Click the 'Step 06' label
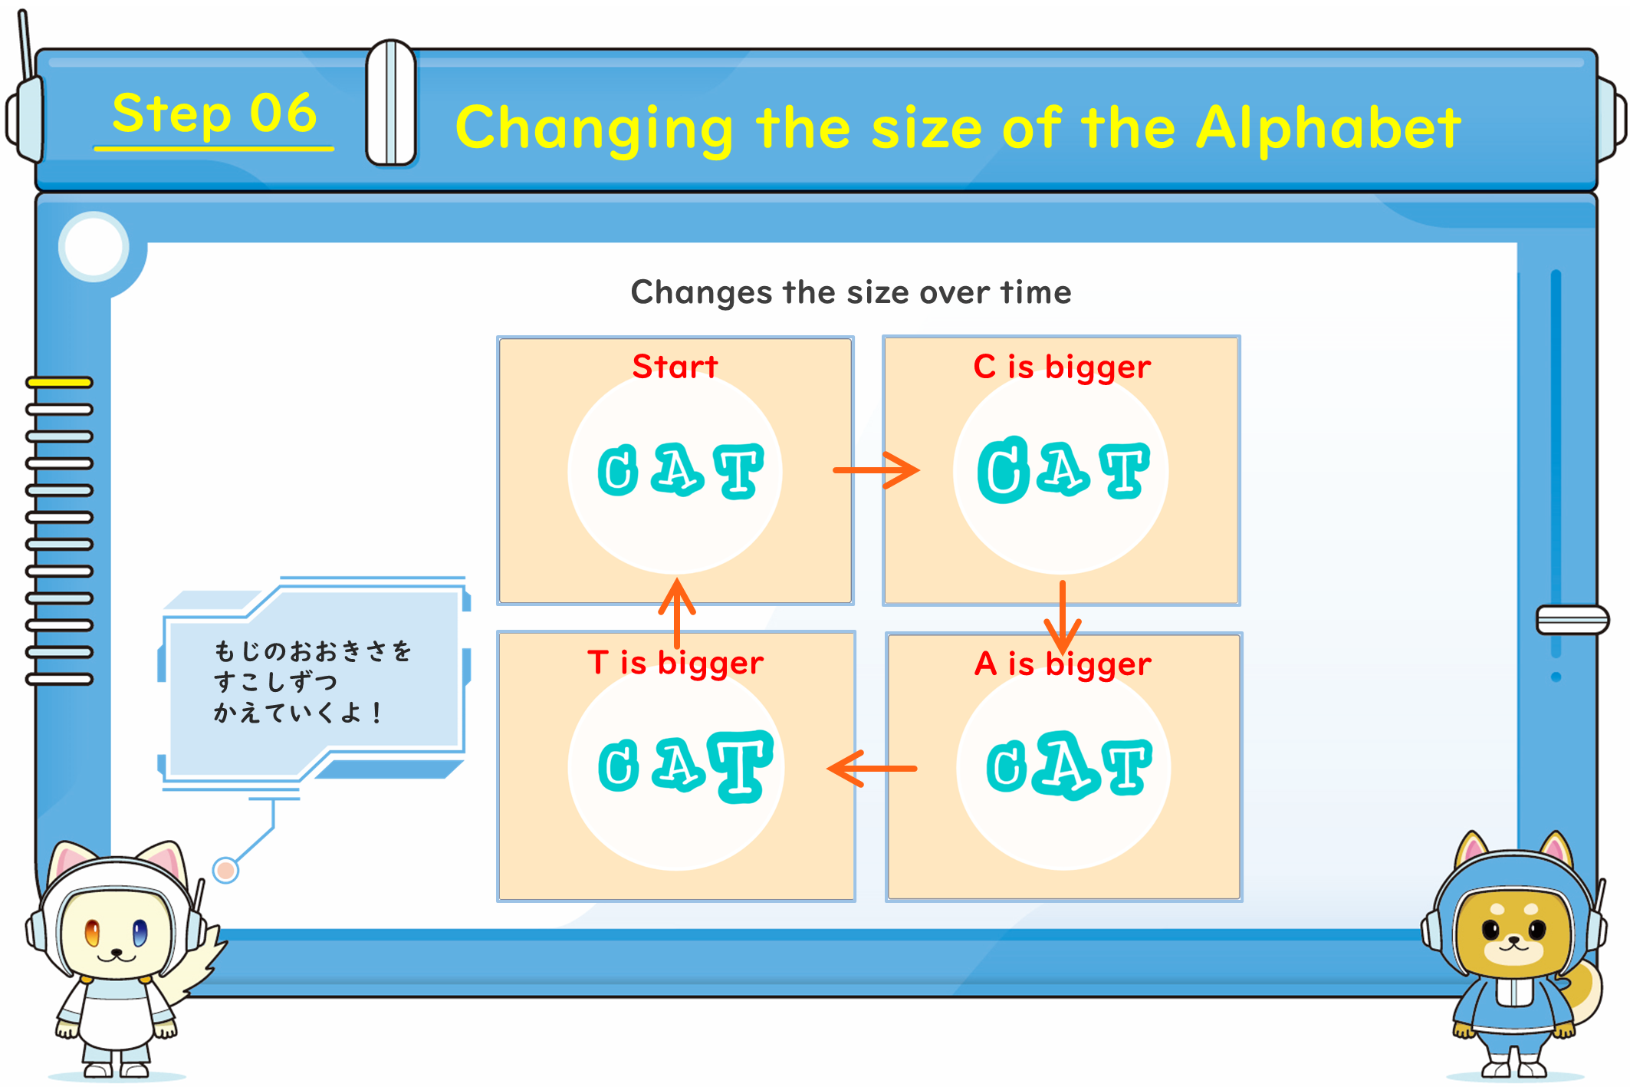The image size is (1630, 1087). click(214, 114)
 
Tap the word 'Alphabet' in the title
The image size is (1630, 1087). click(1328, 128)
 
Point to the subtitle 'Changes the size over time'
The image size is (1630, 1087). click(851, 292)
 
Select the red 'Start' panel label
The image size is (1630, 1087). click(675, 367)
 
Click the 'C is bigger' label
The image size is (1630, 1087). click(1062, 367)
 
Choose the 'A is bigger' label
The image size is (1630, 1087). click(1063, 664)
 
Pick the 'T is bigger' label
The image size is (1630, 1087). click(675, 663)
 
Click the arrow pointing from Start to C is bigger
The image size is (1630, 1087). click(876, 470)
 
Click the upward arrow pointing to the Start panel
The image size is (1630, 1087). click(677, 613)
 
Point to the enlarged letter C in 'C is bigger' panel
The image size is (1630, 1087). click(1003, 470)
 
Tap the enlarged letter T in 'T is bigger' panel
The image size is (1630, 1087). click(741, 766)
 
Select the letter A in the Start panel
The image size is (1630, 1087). click(677, 469)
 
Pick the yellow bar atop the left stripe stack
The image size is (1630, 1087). click(59, 382)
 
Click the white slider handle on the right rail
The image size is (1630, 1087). click(1572, 620)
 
